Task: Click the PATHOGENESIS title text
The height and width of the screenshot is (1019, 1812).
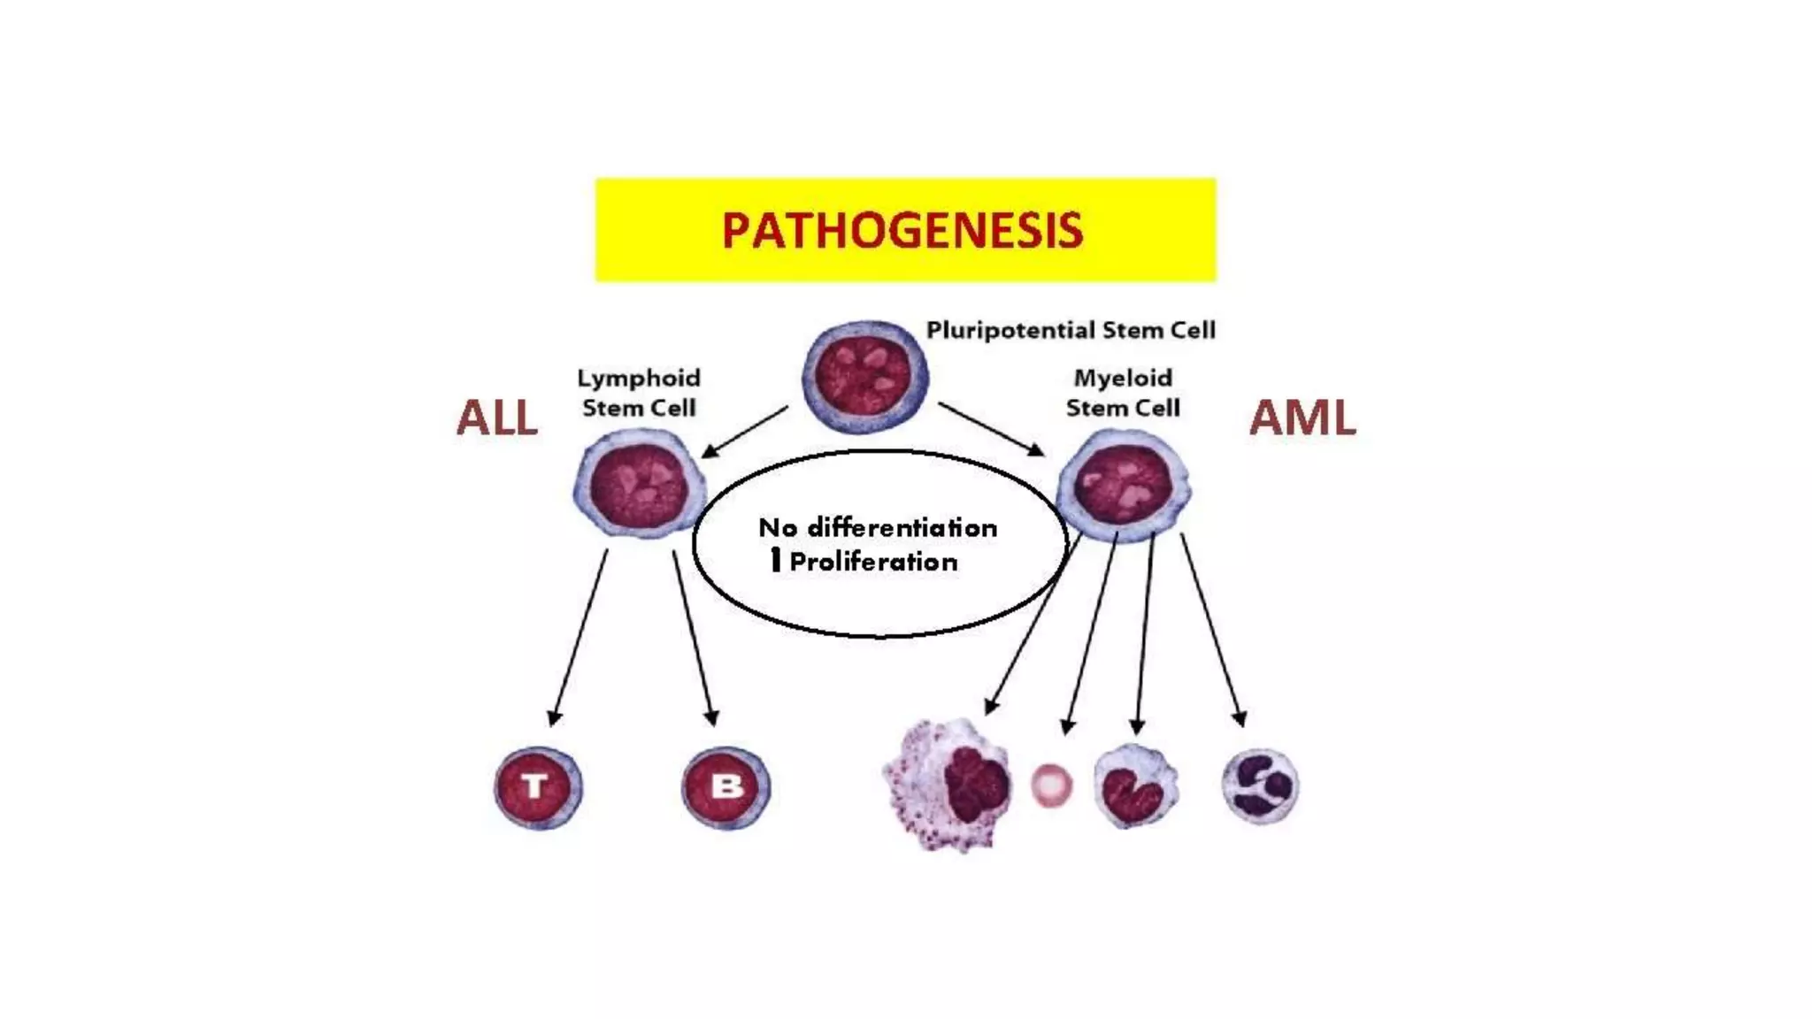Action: click(x=902, y=231)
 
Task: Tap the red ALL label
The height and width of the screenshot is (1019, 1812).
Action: click(x=496, y=418)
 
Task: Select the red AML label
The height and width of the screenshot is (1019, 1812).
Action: click(x=1302, y=418)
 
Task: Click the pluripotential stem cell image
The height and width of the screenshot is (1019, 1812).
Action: click(x=864, y=377)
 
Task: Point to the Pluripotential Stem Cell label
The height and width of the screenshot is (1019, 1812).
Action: click(x=1071, y=330)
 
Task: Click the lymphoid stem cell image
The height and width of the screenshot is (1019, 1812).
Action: click(x=640, y=484)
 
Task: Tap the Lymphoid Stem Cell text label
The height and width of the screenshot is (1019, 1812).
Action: click(x=638, y=393)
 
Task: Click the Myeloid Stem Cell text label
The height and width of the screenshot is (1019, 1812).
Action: click(x=1123, y=393)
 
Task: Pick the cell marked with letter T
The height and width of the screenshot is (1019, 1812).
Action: click(x=537, y=787)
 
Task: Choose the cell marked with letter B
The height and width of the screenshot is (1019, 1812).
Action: click(x=726, y=787)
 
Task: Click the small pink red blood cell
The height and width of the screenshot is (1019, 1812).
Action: click(x=1051, y=785)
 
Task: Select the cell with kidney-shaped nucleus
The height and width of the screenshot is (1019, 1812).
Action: click(x=1136, y=785)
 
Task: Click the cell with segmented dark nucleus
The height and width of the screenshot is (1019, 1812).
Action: click(x=1261, y=785)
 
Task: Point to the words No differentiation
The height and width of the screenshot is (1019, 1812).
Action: click(x=878, y=528)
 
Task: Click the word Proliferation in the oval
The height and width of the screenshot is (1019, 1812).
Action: click(x=873, y=562)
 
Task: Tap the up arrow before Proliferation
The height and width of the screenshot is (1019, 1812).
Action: click(x=775, y=559)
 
